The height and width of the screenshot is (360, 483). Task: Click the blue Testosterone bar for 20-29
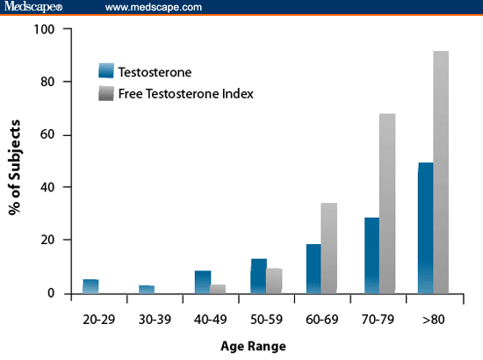pos(90,286)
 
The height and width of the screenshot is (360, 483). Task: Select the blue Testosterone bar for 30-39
pos(146,289)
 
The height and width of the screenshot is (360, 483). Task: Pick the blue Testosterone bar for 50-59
pos(258,276)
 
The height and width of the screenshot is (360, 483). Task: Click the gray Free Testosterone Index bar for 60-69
pos(328,248)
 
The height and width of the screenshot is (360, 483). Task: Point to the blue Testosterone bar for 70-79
pos(371,255)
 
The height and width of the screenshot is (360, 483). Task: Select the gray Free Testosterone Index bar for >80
pos(441,171)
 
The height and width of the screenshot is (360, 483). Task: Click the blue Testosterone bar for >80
pos(425,227)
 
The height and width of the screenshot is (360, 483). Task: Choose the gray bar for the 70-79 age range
pos(387,203)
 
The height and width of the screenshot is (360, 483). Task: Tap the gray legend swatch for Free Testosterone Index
pos(106,93)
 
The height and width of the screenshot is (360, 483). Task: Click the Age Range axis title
pos(253,346)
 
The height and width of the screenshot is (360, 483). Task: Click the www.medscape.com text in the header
pos(154,7)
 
